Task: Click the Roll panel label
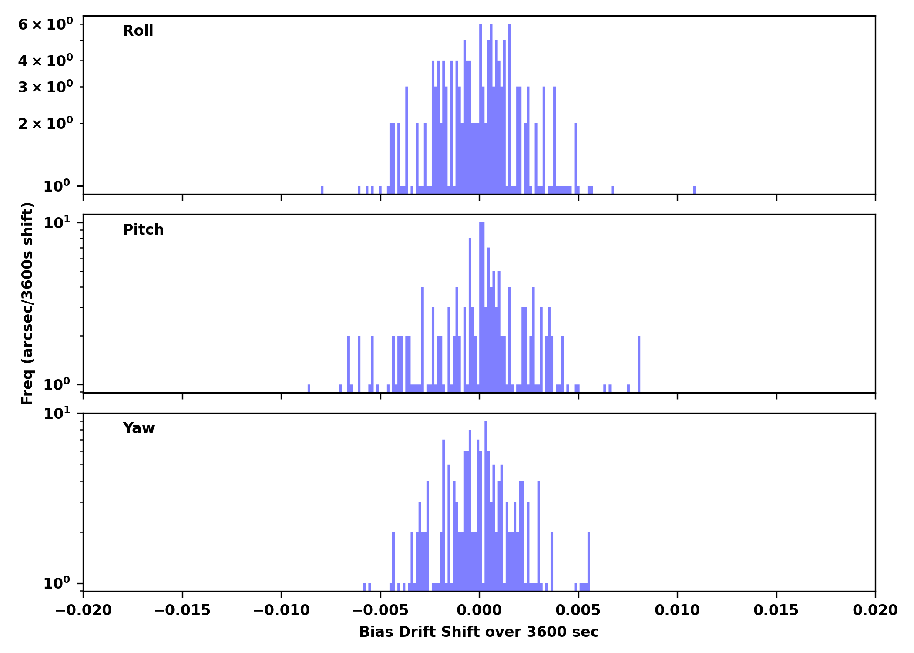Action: [138, 31]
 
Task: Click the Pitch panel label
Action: [143, 230]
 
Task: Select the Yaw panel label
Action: [139, 428]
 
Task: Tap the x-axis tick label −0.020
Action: [83, 610]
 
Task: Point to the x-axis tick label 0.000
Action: [479, 610]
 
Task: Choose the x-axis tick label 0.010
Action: [677, 610]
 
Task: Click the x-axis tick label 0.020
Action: [875, 610]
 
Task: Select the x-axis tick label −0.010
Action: [281, 610]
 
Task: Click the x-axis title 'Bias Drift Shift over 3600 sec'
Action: [479, 632]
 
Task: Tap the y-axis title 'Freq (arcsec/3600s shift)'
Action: [27, 303]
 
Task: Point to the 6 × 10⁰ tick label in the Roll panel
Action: [45, 24]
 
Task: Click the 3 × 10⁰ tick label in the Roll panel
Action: [45, 87]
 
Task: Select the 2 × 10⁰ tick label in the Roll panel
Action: [45, 124]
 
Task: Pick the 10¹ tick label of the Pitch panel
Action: [57, 223]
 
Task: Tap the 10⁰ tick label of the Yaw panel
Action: [57, 583]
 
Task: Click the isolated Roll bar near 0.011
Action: [694, 190]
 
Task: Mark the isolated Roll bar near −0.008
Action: [322, 190]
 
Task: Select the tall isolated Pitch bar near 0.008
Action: [639, 364]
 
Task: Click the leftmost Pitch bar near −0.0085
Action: [309, 388]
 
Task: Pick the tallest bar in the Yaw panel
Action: [486, 501]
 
